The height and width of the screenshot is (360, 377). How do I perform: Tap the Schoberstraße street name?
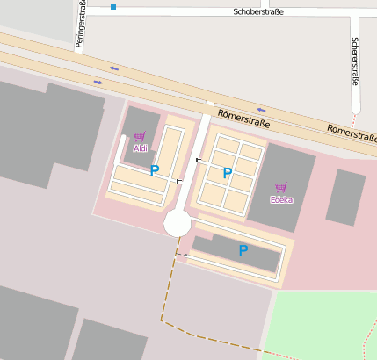click(258, 12)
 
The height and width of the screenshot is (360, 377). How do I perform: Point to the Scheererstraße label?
click(355, 61)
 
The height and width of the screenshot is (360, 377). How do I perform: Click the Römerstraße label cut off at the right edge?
click(352, 133)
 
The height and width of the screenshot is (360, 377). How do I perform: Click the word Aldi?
click(140, 148)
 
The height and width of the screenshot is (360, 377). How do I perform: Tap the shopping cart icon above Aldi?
click(139, 136)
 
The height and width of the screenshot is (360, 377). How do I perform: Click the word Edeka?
click(281, 199)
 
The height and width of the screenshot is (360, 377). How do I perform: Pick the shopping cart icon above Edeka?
click(281, 187)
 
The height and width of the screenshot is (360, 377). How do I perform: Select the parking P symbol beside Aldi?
click(154, 170)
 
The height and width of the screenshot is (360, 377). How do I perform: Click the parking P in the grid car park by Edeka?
click(227, 173)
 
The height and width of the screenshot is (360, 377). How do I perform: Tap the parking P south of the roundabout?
click(243, 250)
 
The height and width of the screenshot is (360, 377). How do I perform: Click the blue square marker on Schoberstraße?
click(113, 7)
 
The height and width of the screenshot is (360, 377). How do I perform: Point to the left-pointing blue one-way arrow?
click(114, 68)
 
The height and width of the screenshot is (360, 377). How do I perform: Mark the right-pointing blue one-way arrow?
click(98, 82)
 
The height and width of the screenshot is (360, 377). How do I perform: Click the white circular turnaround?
click(177, 223)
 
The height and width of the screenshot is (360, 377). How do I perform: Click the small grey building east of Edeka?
click(345, 198)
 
